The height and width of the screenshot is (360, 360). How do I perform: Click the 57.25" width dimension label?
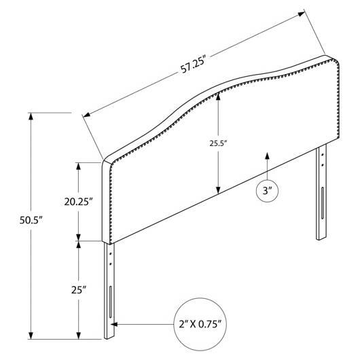coord(192,65)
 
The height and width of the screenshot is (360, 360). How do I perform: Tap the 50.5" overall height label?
coord(31,220)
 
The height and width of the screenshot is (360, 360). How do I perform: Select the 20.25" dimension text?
coord(78,202)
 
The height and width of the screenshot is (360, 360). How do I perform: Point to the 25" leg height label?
coord(79,290)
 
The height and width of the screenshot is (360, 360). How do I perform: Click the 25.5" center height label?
coord(218,143)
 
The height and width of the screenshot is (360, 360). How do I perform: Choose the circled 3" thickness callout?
coord(267,191)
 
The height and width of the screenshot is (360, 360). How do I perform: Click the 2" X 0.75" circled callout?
coord(200,324)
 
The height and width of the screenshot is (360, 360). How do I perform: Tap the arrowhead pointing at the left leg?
coord(114,324)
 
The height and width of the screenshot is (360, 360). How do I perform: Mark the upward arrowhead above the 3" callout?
coord(267,156)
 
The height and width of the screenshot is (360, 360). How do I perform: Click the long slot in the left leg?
coord(111,302)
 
